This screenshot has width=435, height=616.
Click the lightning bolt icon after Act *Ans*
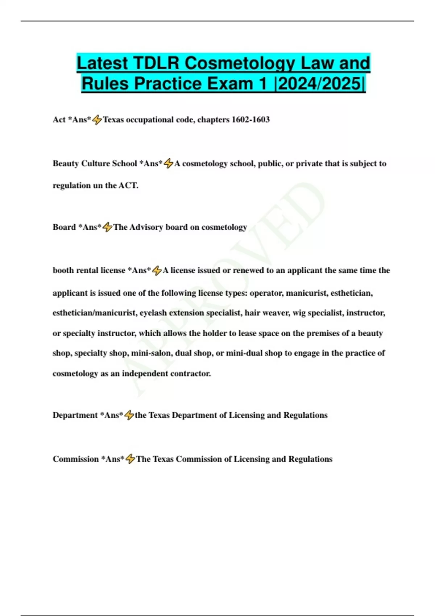[97, 120]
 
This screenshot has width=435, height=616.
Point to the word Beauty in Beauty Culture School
[66, 163]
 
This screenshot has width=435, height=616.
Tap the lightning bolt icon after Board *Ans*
[107, 227]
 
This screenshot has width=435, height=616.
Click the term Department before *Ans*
[75, 415]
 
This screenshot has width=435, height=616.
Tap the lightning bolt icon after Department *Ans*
[129, 415]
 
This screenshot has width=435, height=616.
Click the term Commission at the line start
[76, 459]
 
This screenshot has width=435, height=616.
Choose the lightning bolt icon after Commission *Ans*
[130, 459]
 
